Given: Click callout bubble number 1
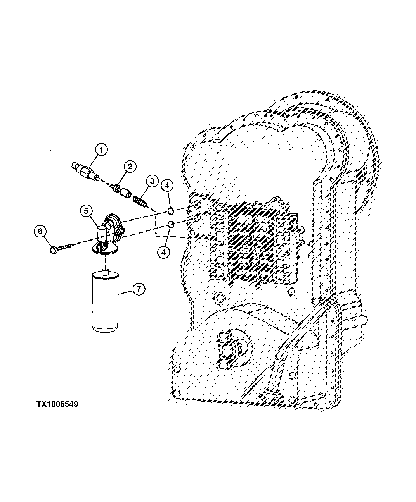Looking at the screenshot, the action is point(101,150).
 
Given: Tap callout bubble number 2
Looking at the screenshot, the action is point(130,167).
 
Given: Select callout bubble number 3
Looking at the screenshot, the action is point(152,181).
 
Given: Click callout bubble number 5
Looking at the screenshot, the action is point(86,211).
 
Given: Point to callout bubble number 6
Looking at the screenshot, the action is point(40,231).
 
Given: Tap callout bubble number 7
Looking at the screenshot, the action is point(139,289).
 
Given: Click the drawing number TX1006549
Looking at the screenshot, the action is point(57,404).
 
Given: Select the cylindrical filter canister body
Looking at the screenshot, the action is point(105,302).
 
